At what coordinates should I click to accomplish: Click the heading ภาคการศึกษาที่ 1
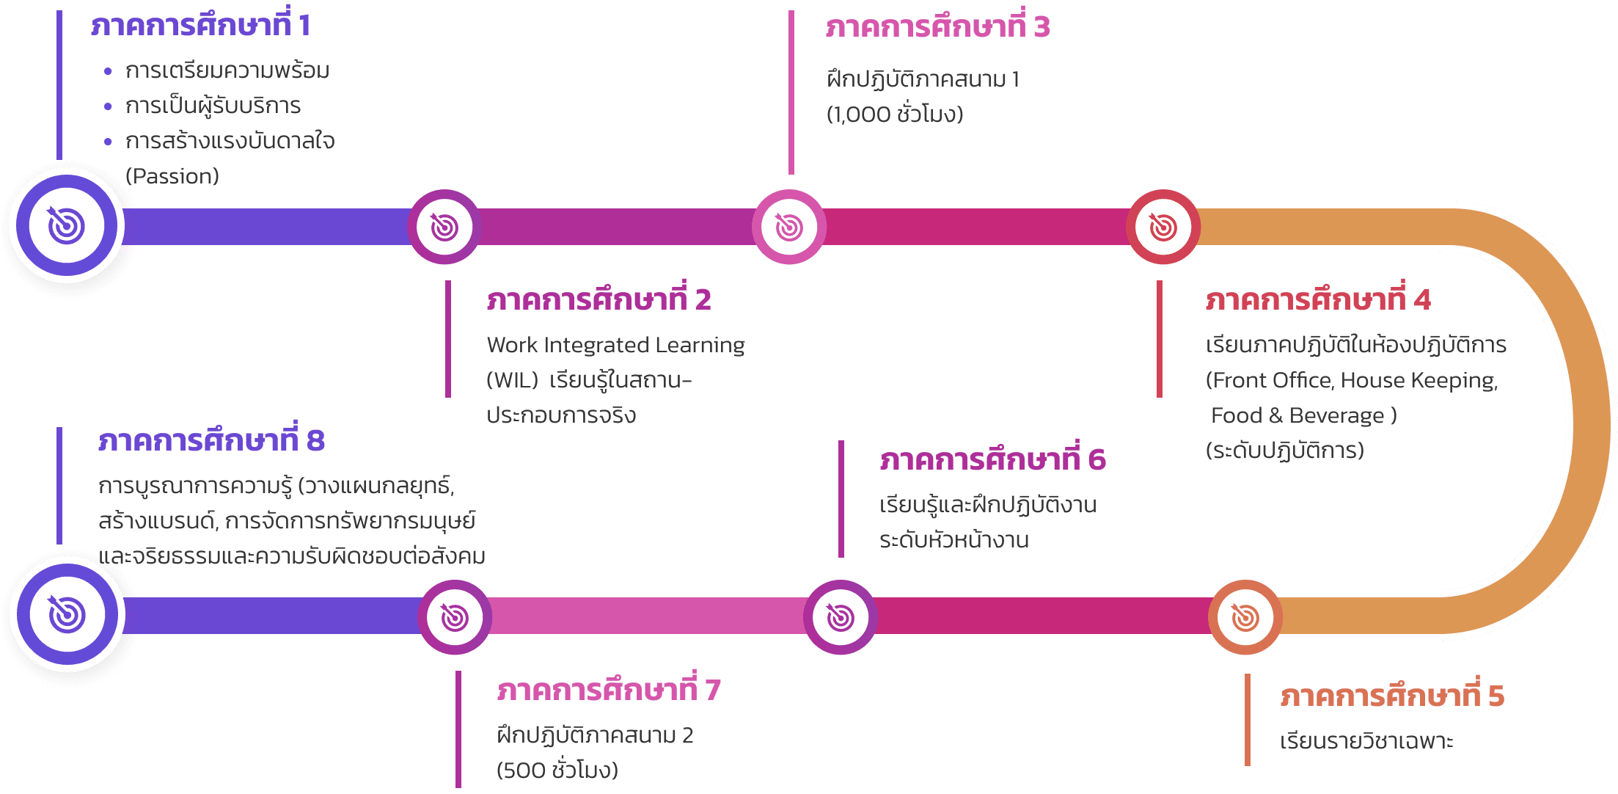[200, 24]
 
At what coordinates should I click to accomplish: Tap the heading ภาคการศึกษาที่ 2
[598, 299]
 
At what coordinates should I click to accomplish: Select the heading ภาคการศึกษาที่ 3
[937, 26]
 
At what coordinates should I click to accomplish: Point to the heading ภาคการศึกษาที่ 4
[1318, 299]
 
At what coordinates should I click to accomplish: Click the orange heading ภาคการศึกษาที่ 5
[1392, 695]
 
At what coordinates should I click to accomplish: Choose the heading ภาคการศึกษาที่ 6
[992, 459]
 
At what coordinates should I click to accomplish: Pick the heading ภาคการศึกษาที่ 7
[609, 689]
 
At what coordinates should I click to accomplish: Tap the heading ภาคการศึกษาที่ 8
[211, 440]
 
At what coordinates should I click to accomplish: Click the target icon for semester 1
[67, 225]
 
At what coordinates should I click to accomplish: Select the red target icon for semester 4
[1163, 227]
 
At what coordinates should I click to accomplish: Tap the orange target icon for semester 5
[1245, 617]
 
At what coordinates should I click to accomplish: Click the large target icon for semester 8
[67, 614]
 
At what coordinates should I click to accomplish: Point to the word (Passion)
[172, 176]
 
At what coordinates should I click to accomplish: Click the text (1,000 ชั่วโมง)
[895, 114]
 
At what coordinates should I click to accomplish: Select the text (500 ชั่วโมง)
[557, 770]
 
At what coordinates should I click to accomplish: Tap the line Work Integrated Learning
[615, 345]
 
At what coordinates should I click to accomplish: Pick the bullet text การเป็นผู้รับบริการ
[213, 106]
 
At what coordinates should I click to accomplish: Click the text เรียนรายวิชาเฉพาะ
[1366, 741]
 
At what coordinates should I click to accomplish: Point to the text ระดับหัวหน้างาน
[954, 540]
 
